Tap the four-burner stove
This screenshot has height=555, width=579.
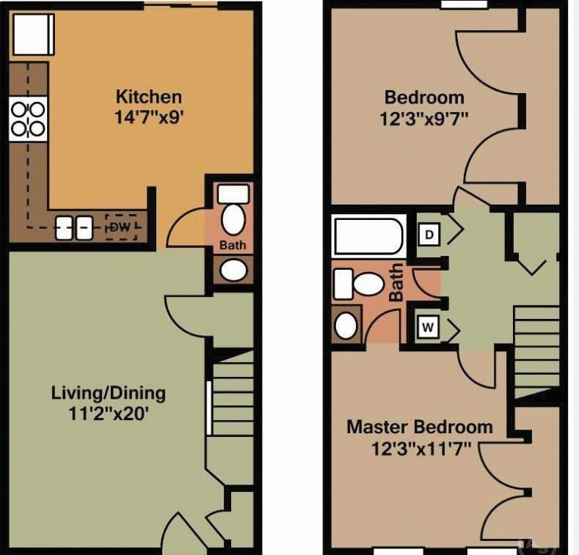28,120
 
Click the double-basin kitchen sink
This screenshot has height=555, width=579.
73,228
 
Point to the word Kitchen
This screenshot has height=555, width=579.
149,97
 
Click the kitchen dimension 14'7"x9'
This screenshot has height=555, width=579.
149,116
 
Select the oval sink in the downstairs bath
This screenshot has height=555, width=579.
234,269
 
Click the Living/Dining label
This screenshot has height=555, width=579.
108,392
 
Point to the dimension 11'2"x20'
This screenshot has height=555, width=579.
108,412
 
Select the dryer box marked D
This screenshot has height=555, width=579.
429,235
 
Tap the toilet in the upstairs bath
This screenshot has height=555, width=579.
359,282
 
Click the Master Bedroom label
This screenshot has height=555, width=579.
419,427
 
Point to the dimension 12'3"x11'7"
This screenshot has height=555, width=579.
419,446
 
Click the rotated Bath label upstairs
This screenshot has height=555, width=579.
396,282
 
